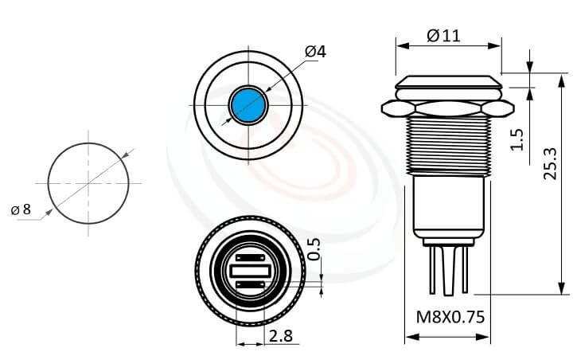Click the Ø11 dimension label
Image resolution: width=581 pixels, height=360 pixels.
pos(443,35)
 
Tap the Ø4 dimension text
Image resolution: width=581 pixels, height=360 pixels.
pos(315,52)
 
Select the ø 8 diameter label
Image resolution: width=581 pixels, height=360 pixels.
pos(21,210)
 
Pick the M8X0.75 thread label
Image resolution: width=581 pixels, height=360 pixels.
pos(450,317)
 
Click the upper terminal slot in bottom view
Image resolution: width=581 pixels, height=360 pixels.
pos(249,258)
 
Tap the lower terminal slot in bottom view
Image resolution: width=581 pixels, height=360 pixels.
pos(249,285)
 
